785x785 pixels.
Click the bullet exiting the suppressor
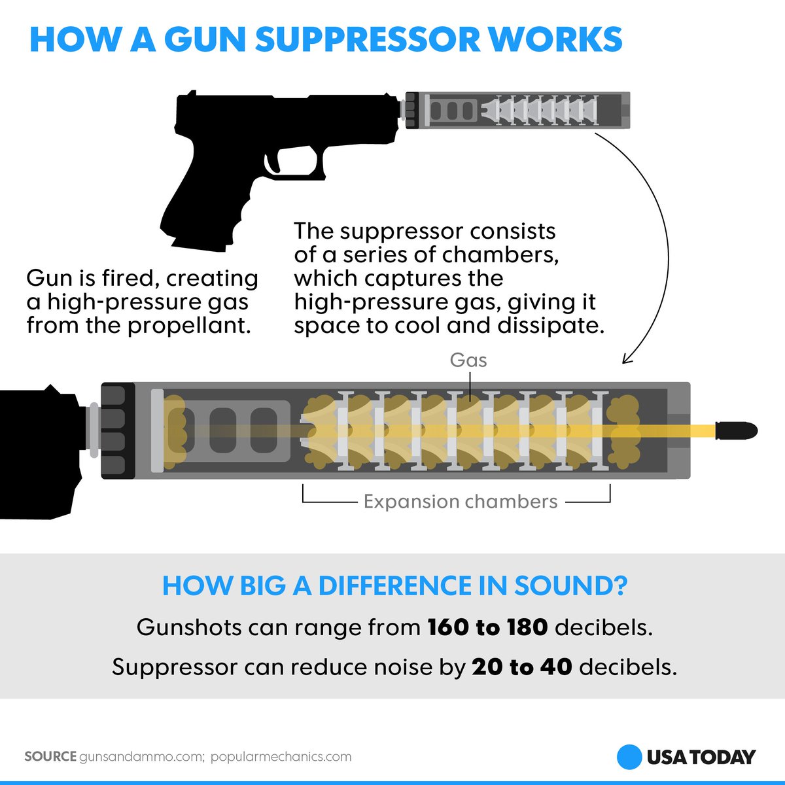[x=736, y=430]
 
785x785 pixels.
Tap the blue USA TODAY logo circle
[x=629, y=757]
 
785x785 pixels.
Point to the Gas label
[x=468, y=360]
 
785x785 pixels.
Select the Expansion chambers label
[x=461, y=502]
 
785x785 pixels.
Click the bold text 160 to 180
[x=487, y=627]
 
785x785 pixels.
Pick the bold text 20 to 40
[x=522, y=667]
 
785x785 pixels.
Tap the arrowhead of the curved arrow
[x=626, y=358]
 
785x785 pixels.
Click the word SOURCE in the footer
[x=50, y=757]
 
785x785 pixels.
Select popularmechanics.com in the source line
[x=281, y=757]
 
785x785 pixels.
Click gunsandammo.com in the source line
[x=141, y=757]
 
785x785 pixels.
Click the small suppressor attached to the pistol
[x=517, y=110]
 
